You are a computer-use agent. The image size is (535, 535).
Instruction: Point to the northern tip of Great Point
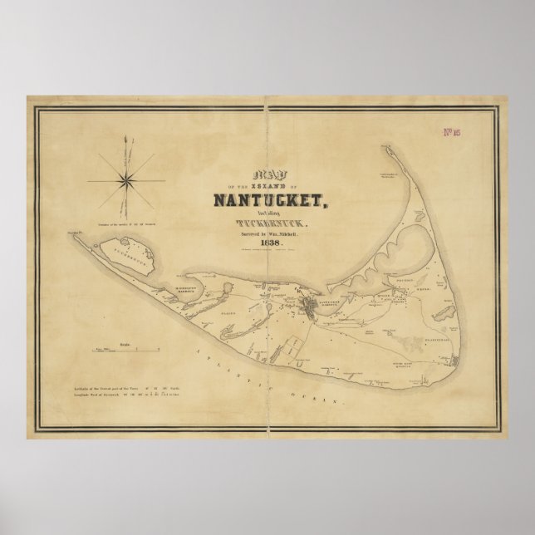(386, 148)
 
